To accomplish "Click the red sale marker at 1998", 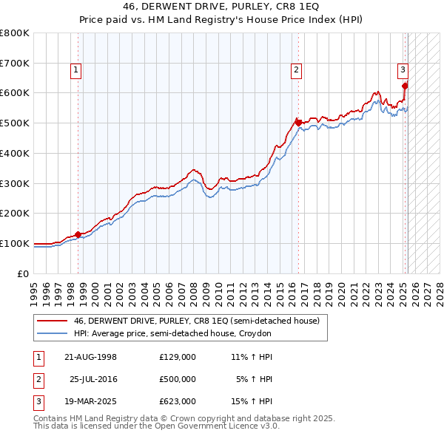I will (x=78, y=234).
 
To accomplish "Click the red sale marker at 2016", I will (x=297, y=122).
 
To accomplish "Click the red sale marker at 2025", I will (x=405, y=86).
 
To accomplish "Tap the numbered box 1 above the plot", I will (x=77, y=70).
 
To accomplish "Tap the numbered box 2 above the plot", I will (x=296, y=70).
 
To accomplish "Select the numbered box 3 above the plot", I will (x=403, y=70).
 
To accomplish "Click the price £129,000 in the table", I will (x=178, y=357).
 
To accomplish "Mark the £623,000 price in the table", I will (x=178, y=401).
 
